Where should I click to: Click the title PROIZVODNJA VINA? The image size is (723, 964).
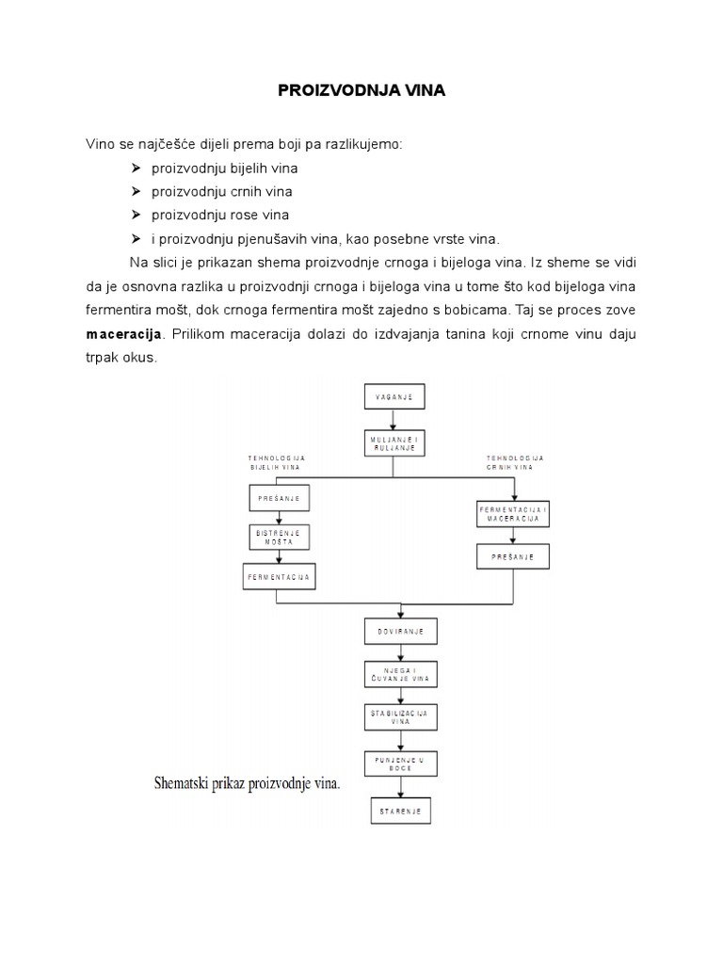[361, 91]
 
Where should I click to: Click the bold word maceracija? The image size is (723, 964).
[124, 333]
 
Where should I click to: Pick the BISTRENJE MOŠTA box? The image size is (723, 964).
[279, 538]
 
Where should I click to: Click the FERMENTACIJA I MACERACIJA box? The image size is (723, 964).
[513, 513]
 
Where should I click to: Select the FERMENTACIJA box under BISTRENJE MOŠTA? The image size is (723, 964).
[279, 576]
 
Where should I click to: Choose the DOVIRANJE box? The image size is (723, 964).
[402, 630]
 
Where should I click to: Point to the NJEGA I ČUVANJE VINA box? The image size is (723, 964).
[402, 675]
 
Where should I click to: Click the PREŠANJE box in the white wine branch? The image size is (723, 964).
[279, 496]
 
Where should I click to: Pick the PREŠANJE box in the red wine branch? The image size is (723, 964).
[513, 557]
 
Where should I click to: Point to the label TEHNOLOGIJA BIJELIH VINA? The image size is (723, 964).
[277, 462]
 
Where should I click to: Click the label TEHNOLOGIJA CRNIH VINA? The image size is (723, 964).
[515, 462]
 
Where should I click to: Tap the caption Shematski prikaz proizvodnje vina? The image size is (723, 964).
[247, 783]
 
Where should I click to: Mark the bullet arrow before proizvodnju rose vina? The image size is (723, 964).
[136, 215]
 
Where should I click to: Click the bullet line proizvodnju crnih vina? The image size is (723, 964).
[221, 191]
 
